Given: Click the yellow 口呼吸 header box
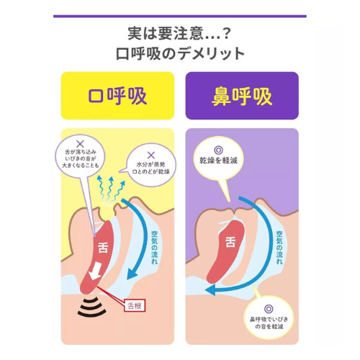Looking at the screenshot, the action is click(x=117, y=96).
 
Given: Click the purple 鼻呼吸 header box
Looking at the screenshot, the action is click(x=242, y=96).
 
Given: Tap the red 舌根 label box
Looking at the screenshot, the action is click(x=135, y=306).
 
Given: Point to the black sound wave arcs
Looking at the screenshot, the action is click(x=91, y=307).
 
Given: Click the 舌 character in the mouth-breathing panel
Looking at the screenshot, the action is click(x=103, y=248).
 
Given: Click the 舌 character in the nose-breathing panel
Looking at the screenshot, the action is click(x=230, y=242).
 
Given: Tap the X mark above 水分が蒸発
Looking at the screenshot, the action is click(x=151, y=156).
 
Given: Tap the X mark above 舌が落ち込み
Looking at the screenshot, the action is click(x=80, y=144).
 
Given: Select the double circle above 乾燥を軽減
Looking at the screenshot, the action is click(x=218, y=150).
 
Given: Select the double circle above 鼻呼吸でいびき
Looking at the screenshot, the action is click(x=269, y=309).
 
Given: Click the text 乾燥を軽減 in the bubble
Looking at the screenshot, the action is click(x=218, y=161).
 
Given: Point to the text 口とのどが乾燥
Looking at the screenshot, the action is click(x=151, y=171).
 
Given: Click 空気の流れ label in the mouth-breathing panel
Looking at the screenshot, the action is click(x=155, y=248).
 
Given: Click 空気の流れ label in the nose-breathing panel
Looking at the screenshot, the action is click(x=279, y=248).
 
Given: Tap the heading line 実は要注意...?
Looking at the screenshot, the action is click(x=179, y=34).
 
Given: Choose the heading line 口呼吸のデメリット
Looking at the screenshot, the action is click(x=180, y=53).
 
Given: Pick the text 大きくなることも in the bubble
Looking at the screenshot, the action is click(x=81, y=166).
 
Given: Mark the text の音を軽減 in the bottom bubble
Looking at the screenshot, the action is click(x=269, y=326).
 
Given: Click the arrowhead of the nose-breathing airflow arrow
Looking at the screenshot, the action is click(x=210, y=290).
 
